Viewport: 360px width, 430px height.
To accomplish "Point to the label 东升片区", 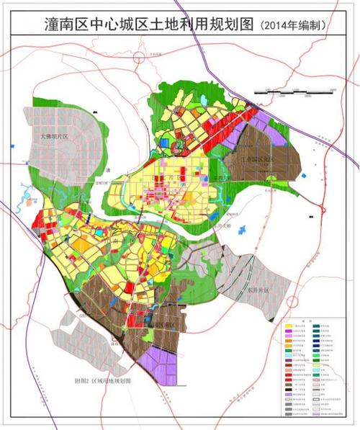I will pyautogui.click(x=251, y=289).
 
